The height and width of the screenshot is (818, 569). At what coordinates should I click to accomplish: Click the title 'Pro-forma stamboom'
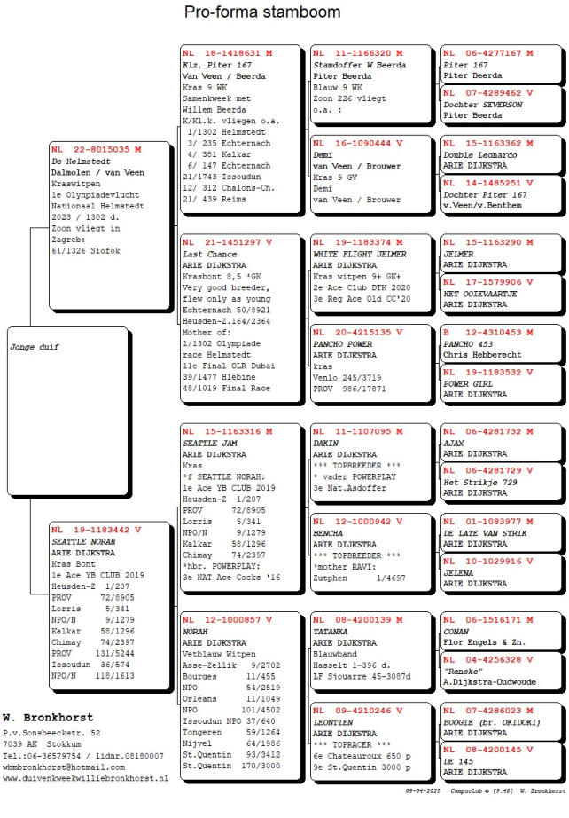261,12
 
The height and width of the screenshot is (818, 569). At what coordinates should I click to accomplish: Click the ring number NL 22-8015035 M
97,149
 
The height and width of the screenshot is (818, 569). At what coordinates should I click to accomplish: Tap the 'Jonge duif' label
35,347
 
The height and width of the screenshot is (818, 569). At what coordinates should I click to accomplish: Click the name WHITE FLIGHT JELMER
360,254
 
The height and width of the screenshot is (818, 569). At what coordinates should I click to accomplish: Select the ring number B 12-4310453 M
487,333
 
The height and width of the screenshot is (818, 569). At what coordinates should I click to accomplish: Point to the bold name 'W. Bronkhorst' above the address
48,717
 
